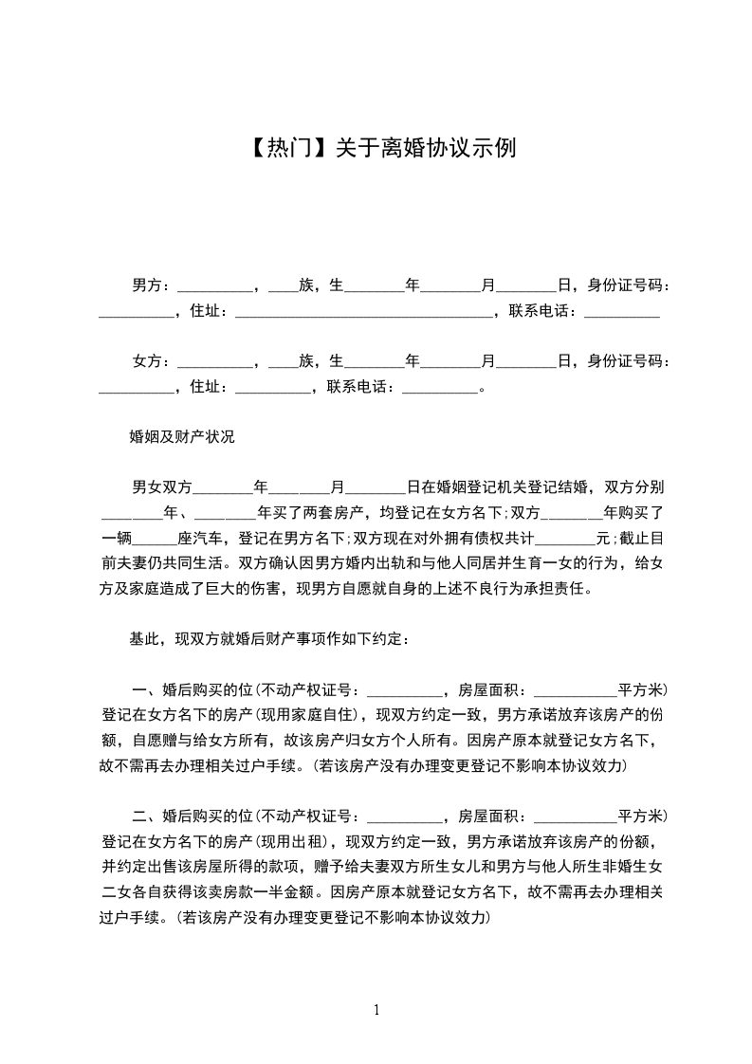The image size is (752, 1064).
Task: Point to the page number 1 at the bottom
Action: (x=376, y=1010)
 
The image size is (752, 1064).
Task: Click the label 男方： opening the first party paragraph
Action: (x=151, y=284)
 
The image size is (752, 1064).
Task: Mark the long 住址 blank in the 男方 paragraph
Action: (x=362, y=311)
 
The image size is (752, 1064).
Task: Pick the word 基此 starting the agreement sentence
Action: (x=143, y=639)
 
